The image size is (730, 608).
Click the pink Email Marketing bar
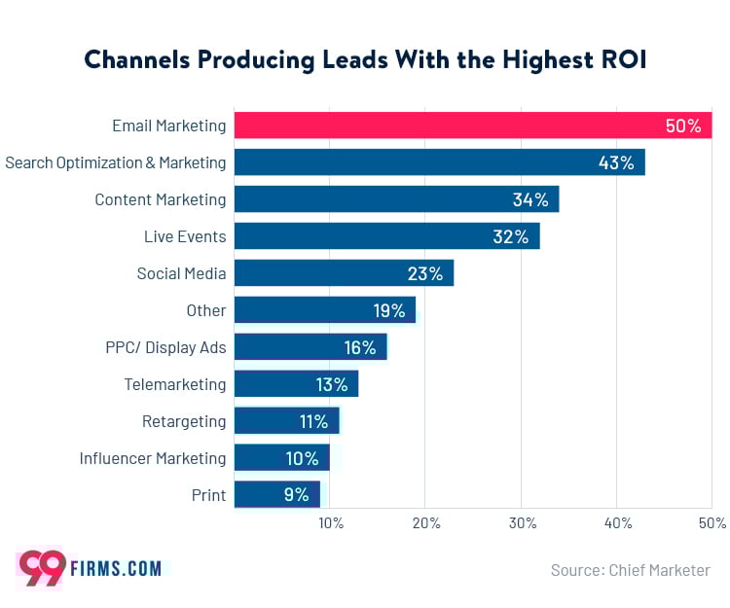click(x=473, y=125)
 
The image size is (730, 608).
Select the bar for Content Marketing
click(x=396, y=199)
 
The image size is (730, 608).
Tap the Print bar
click(x=277, y=495)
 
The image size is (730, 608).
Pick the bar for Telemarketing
click(x=296, y=384)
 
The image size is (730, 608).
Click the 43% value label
click(x=616, y=162)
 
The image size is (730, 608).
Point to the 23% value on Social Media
click(x=425, y=273)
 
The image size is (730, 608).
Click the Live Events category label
click(x=185, y=236)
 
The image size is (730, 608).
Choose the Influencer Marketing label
click(x=153, y=458)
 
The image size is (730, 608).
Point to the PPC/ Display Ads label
click(x=165, y=347)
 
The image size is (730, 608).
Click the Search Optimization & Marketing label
click(x=115, y=162)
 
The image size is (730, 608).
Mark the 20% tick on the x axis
click(x=426, y=523)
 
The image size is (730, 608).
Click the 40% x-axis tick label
click(x=617, y=523)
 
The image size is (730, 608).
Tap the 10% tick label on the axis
click(x=331, y=523)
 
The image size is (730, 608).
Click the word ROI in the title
click(x=618, y=60)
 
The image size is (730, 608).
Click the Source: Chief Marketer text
click(x=630, y=570)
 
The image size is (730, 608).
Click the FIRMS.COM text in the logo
click(x=116, y=569)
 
